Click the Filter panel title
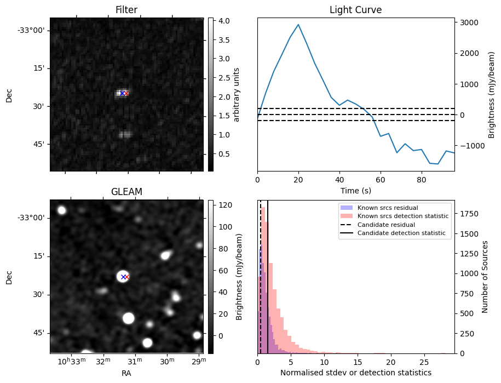pos(126,10)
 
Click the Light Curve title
pos(355,10)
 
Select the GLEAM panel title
pos(126,192)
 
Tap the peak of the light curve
pos(298,24)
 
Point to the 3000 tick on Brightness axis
pos(469,22)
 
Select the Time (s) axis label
pos(355,190)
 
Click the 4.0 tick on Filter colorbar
pos(223,21)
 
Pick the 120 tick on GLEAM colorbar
pos(225,205)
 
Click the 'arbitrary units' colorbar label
pos(237,94)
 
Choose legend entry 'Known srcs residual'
pos(387,208)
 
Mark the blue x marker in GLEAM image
pos(123,277)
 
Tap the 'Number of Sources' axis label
pos(485,277)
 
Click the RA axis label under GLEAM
pos(126,373)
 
